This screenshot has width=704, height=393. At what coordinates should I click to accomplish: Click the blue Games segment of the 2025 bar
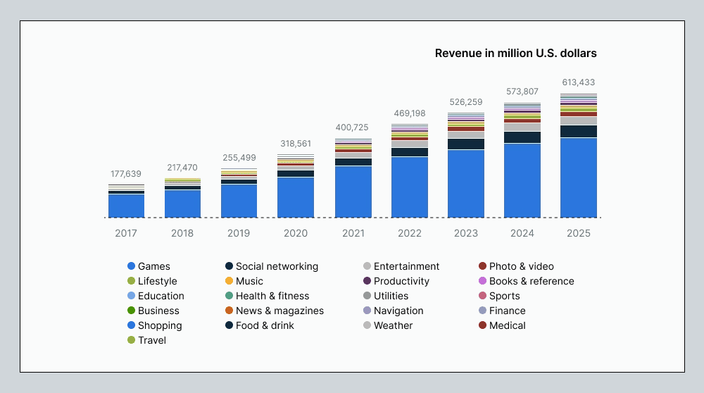click(x=578, y=177)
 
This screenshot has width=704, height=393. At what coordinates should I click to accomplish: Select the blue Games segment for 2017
click(x=126, y=206)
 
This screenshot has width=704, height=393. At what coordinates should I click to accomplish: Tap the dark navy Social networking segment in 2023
click(x=465, y=144)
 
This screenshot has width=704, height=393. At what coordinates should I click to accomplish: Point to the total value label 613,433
click(x=578, y=82)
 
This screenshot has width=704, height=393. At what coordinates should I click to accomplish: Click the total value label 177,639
click(x=126, y=174)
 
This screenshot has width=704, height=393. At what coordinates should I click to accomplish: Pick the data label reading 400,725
click(x=353, y=127)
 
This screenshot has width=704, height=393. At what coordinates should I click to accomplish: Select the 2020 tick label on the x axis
click(x=296, y=233)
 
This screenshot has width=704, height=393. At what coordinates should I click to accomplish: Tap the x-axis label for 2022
click(x=410, y=233)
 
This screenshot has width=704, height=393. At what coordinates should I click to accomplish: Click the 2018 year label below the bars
click(x=182, y=233)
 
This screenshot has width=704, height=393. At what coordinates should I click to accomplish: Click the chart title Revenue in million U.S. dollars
click(x=515, y=54)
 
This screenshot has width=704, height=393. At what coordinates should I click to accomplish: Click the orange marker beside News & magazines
click(x=229, y=311)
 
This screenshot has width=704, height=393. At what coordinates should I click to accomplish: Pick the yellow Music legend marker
click(x=229, y=281)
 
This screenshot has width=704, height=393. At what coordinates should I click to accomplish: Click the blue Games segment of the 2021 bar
click(x=353, y=192)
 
